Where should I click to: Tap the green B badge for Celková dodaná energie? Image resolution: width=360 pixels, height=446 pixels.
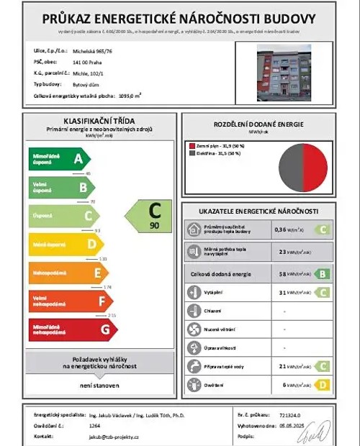pyautogui.click(x=323, y=273)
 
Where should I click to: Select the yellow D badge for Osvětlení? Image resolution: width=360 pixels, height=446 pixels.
pyautogui.click(x=323, y=385)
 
